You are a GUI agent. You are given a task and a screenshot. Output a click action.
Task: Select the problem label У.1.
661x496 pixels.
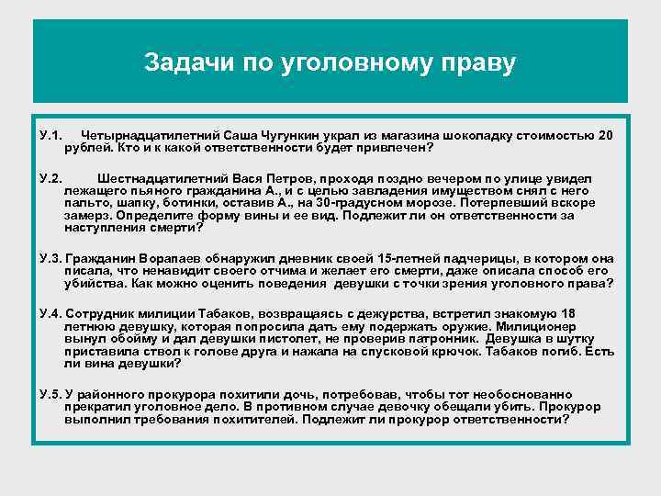(x=51, y=135)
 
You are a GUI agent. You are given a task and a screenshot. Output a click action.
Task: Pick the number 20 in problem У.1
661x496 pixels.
(x=605, y=135)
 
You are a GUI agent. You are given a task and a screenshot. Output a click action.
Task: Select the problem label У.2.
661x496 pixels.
(x=51, y=177)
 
